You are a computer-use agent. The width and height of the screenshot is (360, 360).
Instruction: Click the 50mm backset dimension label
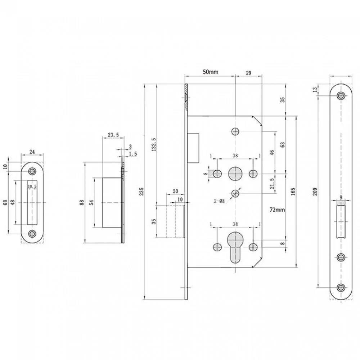(x=210, y=72)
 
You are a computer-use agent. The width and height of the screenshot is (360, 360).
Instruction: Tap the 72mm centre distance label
(x=277, y=210)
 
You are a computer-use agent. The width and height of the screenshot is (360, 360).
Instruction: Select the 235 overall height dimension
(x=141, y=192)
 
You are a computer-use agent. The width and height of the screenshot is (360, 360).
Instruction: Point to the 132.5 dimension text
(x=154, y=144)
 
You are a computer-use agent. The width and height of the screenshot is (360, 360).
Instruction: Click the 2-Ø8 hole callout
(x=219, y=201)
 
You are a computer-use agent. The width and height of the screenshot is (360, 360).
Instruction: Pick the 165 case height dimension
(x=293, y=192)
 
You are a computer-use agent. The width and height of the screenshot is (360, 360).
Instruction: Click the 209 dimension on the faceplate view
(x=315, y=192)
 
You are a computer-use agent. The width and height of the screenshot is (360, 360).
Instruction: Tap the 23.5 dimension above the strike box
(x=113, y=135)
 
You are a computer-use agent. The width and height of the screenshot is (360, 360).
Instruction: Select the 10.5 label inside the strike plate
(x=32, y=186)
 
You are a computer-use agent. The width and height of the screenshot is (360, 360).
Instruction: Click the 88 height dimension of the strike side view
(x=82, y=202)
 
